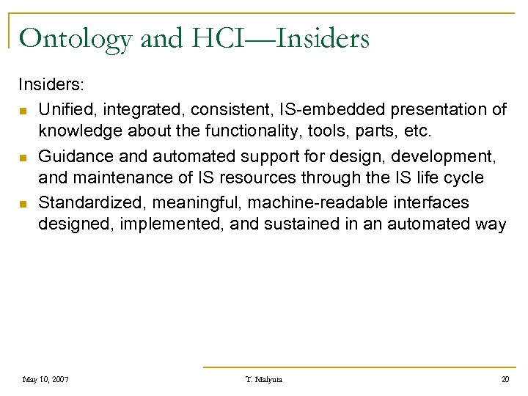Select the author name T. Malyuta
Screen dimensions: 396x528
click(264, 379)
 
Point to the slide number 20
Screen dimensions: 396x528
click(505, 379)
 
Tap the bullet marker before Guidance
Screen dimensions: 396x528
click(24, 158)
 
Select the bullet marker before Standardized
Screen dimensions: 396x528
click(24, 203)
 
